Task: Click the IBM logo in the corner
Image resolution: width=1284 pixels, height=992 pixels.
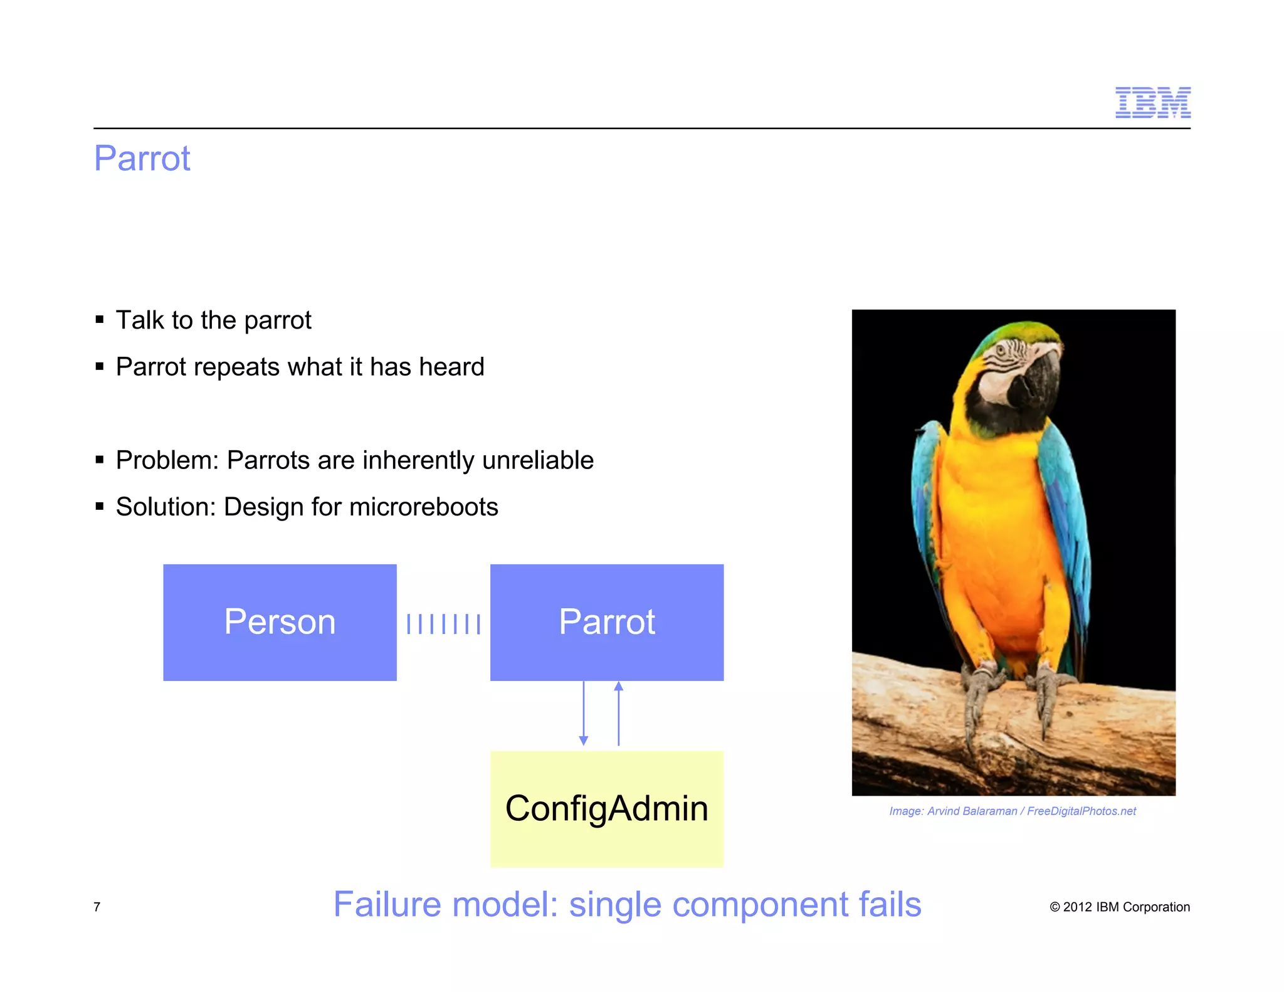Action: click(1152, 103)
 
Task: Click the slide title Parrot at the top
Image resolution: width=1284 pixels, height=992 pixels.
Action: click(142, 158)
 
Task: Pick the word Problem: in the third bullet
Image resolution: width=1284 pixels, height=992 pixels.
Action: click(167, 461)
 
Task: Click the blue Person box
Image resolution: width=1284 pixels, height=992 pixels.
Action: click(280, 622)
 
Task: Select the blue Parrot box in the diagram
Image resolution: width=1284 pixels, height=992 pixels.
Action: click(606, 622)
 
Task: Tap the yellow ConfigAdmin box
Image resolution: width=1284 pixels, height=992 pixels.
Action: click(606, 809)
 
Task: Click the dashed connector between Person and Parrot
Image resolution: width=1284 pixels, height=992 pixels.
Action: click(443, 624)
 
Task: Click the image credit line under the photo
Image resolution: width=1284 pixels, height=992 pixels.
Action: click(1012, 811)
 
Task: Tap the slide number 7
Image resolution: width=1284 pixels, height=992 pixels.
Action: click(97, 907)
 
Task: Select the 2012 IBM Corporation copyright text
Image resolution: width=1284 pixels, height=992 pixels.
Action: click(1120, 907)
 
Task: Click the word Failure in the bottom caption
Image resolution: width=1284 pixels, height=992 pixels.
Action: click(387, 905)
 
